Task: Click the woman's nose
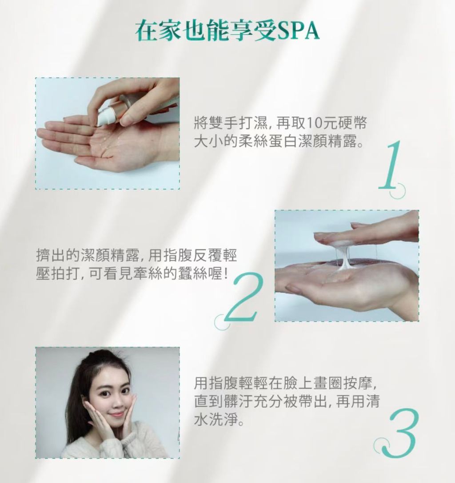(114, 400)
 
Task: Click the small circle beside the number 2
(222, 322)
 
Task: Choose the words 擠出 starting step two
(51, 255)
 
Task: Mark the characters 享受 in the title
(253, 31)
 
